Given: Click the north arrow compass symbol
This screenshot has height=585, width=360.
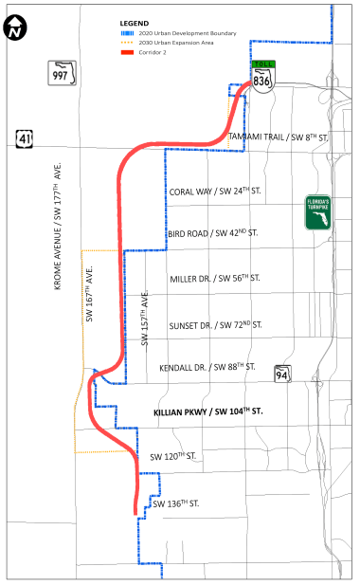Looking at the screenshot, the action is tap(14, 28).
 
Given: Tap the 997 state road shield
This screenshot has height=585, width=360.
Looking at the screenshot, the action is tap(62, 73).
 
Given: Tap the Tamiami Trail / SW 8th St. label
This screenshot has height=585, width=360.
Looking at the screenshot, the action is tap(278, 137).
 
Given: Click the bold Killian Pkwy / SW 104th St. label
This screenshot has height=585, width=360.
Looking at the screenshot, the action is tap(207, 411).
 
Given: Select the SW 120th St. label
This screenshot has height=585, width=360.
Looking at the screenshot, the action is tap(178, 456).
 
